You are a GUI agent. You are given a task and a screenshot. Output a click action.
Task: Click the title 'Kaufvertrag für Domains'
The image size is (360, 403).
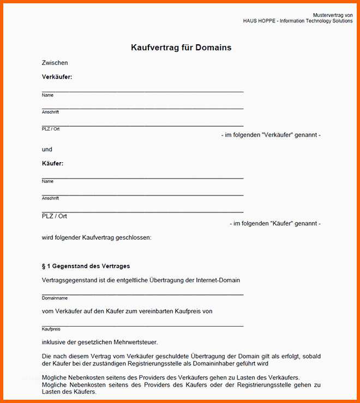pos(181,48)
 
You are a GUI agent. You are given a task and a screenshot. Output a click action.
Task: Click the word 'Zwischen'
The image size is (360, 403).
pos(55,63)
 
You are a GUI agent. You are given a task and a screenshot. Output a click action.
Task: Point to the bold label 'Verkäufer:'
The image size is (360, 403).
pos(57,77)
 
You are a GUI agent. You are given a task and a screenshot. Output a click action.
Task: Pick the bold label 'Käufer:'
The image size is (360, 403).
pos(52,163)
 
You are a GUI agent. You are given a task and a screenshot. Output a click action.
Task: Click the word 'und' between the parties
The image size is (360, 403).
pos(47,149)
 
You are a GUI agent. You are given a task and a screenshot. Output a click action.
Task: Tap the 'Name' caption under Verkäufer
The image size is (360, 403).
pos(47,95)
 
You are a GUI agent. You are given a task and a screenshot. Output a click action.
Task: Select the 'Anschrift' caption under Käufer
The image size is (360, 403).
pos(50,198)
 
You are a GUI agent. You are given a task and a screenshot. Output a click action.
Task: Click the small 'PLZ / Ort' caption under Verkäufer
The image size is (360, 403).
pos(51,129)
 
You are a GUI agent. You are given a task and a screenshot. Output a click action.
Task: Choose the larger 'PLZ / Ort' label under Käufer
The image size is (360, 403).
pos(55,216)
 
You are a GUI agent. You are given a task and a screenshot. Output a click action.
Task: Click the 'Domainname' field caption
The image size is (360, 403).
pos(55,298)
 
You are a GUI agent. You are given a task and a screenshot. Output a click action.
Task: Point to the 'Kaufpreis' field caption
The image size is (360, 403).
pos(51,329)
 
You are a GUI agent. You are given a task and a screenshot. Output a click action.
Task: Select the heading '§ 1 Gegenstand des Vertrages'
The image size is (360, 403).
pos(86,266)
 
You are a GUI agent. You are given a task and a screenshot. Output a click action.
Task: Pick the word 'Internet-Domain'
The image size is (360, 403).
pos(218,280)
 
